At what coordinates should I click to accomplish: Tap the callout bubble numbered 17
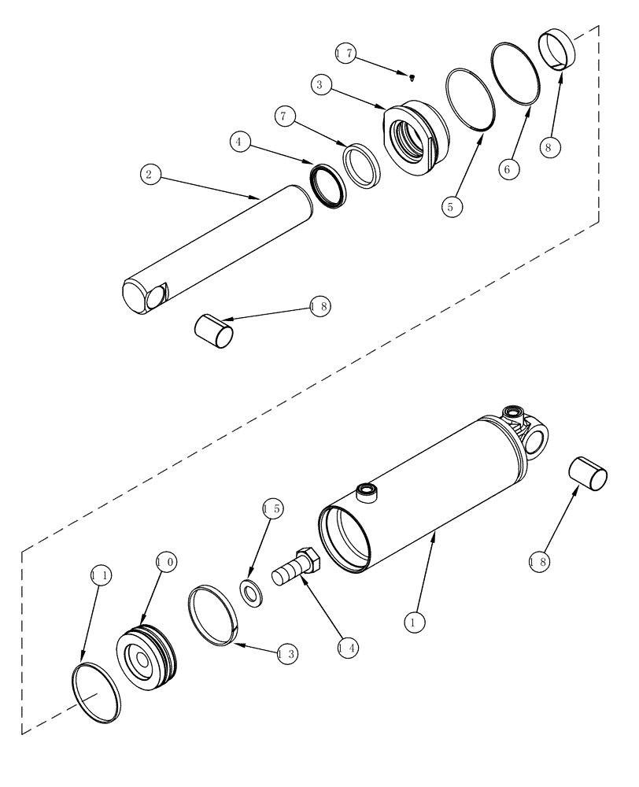[x=345, y=54]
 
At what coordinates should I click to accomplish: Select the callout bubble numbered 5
[x=451, y=206]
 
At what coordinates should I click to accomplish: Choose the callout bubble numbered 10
[x=165, y=562]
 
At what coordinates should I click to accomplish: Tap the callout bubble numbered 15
[x=271, y=508]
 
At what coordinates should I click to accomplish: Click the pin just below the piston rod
[x=213, y=331]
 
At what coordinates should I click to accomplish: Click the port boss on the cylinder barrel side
[x=367, y=493]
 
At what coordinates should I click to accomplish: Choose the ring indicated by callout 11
[x=96, y=692]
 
